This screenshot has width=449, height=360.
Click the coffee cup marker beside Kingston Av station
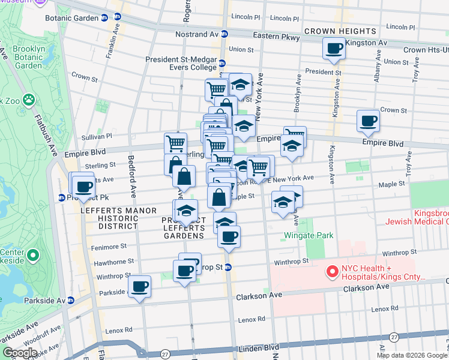tap(334, 49)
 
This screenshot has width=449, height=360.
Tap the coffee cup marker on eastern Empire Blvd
tap(367, 121)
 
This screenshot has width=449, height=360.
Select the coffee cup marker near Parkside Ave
tap(140, 286)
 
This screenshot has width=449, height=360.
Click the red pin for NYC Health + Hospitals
tap(332, 272)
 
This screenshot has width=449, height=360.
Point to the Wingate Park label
tap(309, 236)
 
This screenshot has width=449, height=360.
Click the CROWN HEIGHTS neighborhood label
tap(340, 31)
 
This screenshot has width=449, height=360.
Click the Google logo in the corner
tap(19, 353)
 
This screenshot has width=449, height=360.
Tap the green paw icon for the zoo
tap(28, 98)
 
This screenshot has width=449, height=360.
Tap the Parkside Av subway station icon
tap(71, 301)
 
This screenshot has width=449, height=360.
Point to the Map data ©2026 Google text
tap(412, 355)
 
